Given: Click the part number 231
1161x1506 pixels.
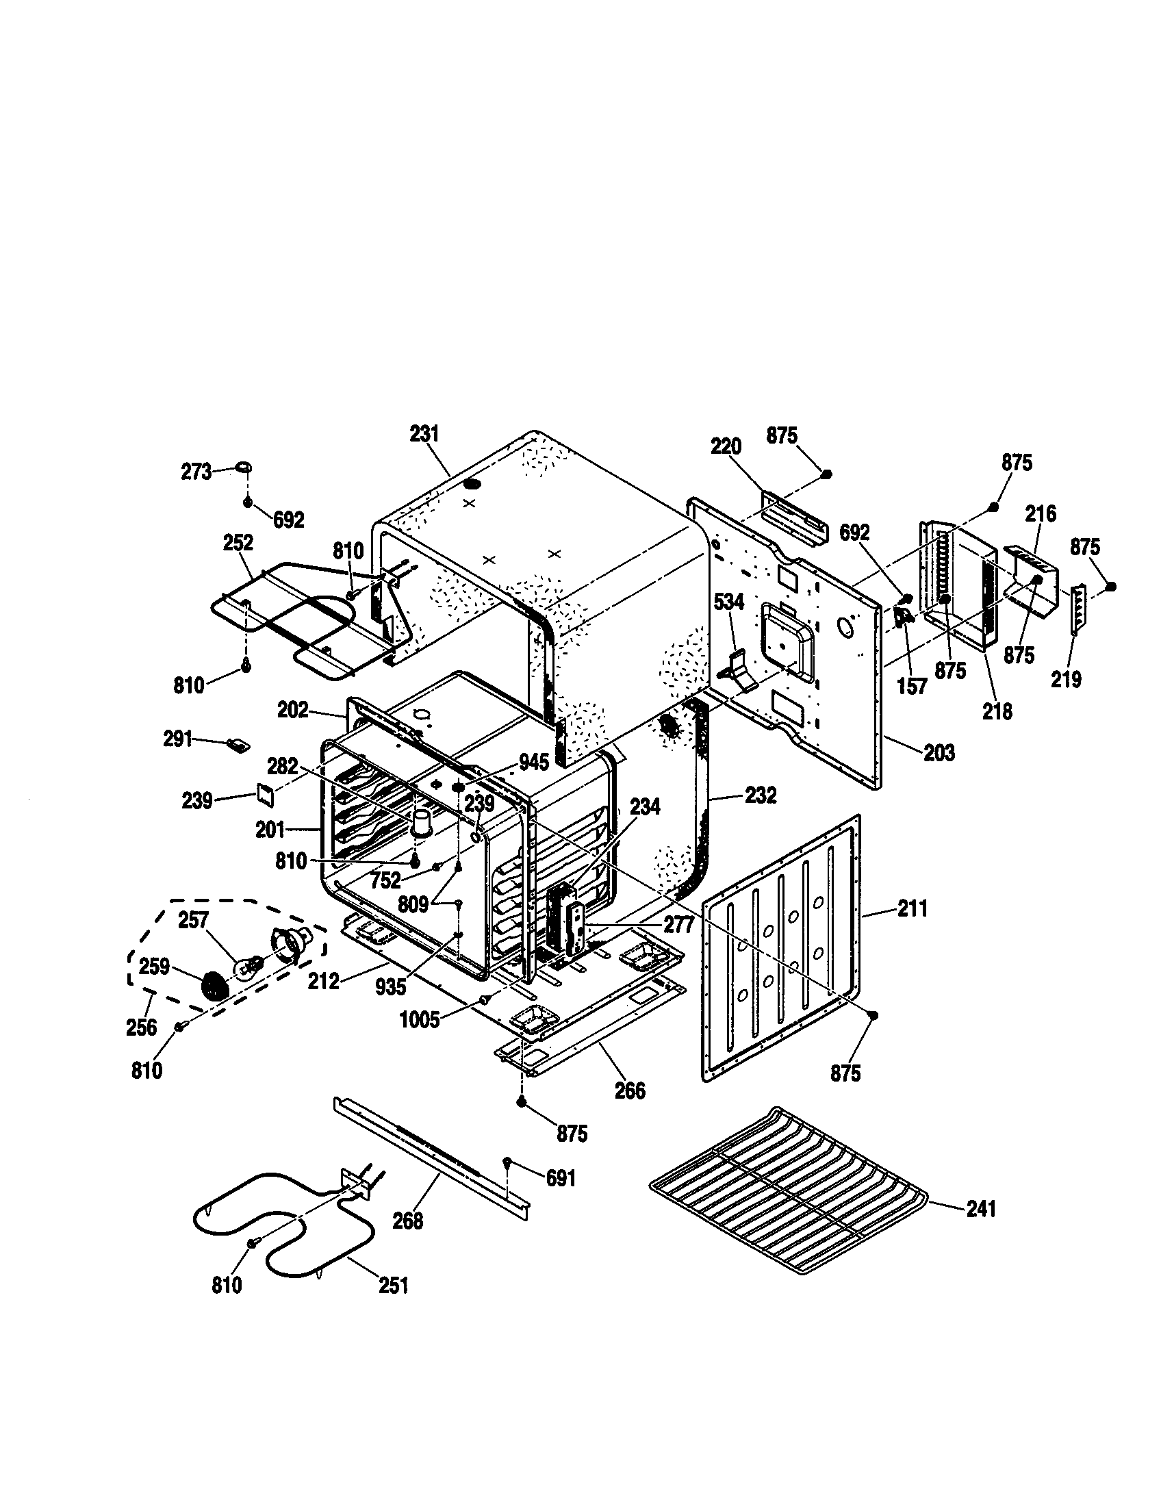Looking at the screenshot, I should pos(424,434).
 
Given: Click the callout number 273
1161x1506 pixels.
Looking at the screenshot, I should pos(196,472).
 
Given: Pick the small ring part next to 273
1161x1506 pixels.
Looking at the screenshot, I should pos(244,467).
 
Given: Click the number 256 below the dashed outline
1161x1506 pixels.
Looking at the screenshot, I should pos(142,1028).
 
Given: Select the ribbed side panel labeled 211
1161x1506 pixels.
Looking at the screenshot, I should pos(779,952).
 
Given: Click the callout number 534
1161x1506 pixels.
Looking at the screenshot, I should pos(729,602).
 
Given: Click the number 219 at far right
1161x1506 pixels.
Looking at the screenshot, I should pos(1067,679).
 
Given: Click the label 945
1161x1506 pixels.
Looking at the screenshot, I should pos(535,763).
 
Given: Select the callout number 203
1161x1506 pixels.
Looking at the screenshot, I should pos(940,752).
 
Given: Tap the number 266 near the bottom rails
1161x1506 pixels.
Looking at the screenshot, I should pos(630,1091).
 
